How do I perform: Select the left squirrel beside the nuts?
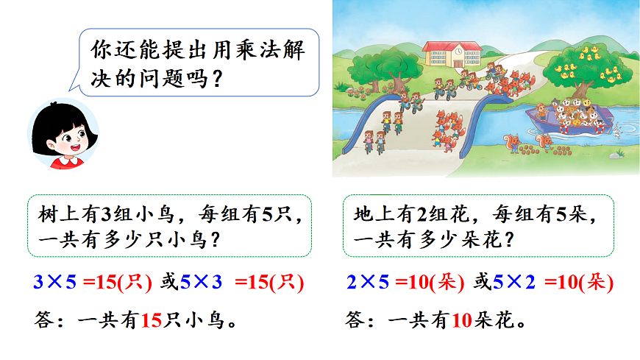tap(512, 141)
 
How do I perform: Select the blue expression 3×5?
tap(55, 280)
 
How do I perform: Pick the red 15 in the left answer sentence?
tap(150, 320)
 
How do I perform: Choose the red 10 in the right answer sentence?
tap(461, 320)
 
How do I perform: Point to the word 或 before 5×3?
tap(169, 280)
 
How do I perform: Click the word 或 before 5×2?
tap(483, 280)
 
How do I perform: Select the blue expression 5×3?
tap(202, 280)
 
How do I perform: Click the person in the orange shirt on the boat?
tap(542, 111)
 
